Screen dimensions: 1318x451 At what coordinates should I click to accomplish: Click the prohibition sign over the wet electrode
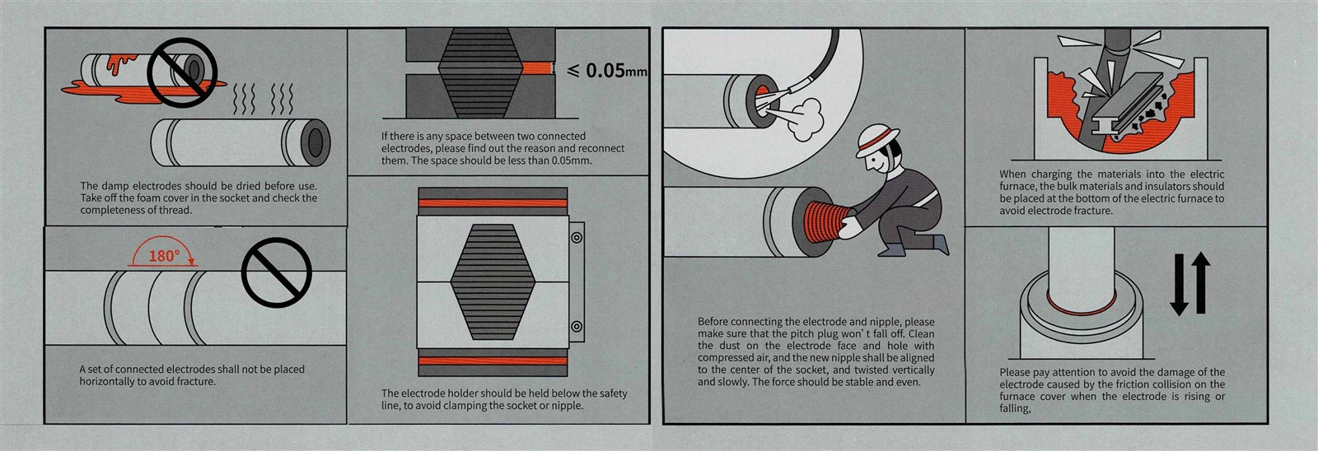pyautogui.click(x=182, y=73)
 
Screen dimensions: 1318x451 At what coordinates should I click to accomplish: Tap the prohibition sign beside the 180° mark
pyautogui.click(x=277, y=272)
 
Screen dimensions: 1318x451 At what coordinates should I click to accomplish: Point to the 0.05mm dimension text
pyautogui.click(x=606, y=71)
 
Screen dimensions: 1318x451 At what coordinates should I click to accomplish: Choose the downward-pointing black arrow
pyautogui.click(x=1179, y=286)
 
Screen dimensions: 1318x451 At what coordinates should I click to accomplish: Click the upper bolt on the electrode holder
pyautogui.click(x=577, y=238)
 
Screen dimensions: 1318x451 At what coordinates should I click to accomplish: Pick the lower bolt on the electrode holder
pyautogui.click(x=577, y=327)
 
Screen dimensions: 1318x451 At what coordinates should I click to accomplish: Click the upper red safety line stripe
pyautogui.click(x=493, y=203)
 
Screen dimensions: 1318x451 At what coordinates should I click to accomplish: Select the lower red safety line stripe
pyautogui.click(x=493, y=361)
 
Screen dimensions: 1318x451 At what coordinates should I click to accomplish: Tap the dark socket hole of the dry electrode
pyautogui.click(x=316, y=142)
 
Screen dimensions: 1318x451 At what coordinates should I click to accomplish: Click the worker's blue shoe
pyautogui.click(x=891, y=250)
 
